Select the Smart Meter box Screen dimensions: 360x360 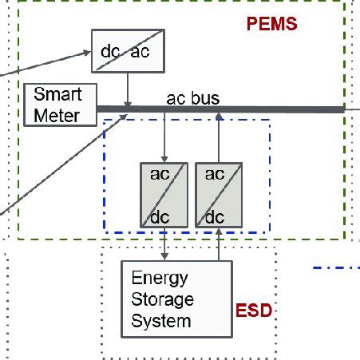[60, 105]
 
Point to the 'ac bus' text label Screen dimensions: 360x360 [192, 99]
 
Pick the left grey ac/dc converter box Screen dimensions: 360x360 [164, 196]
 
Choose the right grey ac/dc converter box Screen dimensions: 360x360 [217, 196]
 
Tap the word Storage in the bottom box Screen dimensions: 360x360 [162, 300]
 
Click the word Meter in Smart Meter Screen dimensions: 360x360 [57, 116]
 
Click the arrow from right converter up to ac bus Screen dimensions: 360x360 [219, 137]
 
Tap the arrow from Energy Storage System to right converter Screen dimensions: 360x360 [219, 246]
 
